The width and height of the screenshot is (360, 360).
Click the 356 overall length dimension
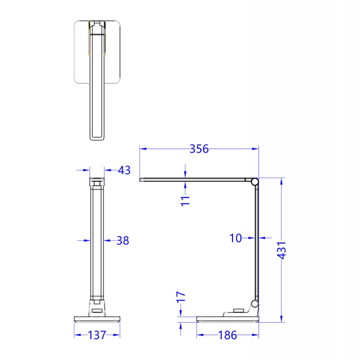click(199, 149)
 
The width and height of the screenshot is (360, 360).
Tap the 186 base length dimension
click(228, 335)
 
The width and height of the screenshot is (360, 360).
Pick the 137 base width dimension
click(97, 335)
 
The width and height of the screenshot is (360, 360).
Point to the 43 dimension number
click(124, 170)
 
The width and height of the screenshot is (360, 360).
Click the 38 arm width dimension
click(122, 241)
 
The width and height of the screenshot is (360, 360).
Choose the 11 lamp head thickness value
click(185, 200)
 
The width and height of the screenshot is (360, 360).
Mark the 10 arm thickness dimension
click(236, 238)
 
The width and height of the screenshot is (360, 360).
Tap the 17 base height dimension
click(180, 297)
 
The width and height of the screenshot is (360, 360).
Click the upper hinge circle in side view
click(255, 182)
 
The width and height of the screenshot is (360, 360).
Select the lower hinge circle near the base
click(255, 304)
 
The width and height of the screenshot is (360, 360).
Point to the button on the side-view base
click(238, 310)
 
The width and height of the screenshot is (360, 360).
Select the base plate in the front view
click(97, 320)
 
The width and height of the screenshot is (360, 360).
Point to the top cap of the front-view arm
click(97, 182)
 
